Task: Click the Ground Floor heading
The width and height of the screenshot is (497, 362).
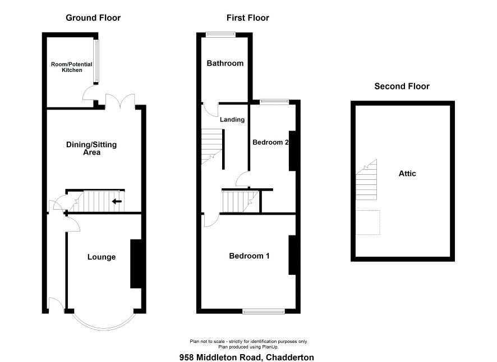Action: point(93,18)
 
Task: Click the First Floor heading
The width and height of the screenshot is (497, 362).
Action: point(247,18)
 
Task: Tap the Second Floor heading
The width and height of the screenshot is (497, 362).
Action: point(402,87)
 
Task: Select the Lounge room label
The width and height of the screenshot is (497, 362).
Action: point(102,257)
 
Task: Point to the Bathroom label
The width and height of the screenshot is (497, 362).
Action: point(225,63)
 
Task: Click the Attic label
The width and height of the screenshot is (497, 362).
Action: point(407,173)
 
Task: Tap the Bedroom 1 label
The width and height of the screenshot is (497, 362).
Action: point(250,256)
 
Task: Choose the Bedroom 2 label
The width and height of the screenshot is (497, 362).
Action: point(270,142)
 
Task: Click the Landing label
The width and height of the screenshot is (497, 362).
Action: point(232,120)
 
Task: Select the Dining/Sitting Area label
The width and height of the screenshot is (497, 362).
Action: point(91,148)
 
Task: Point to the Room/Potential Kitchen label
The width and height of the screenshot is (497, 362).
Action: point(72,67)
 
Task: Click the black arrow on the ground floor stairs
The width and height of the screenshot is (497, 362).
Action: point(117,201)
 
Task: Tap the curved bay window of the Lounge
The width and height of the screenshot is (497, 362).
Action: point(104,328)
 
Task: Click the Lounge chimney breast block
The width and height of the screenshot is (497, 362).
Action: point(136,264)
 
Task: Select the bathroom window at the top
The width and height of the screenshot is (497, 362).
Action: point(220,34)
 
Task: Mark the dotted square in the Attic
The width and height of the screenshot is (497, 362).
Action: point(368,222)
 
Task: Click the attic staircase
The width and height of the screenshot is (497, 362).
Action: point(366,180)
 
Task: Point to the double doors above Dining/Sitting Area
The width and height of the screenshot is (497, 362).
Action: point(120,101)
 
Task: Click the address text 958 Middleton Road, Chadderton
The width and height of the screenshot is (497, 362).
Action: point(247,358)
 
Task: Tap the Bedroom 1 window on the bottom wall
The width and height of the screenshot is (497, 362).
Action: point(264,312)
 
